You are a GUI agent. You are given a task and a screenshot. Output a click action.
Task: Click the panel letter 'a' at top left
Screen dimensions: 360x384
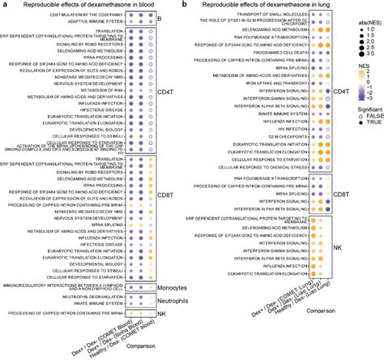(x=4, y=5)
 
